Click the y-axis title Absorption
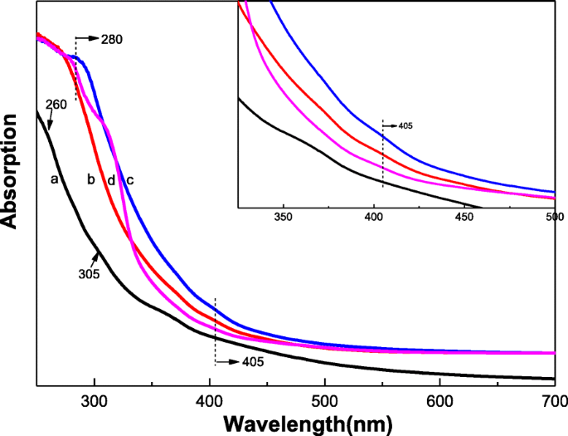click(12, 171)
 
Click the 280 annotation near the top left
click(113, 38)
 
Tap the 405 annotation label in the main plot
click(255, 362)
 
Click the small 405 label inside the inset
click(404, 127)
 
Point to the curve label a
click(55, 179)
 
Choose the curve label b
click(91, 179)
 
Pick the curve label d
click(110, 179)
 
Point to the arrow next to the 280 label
click(87, 38)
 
